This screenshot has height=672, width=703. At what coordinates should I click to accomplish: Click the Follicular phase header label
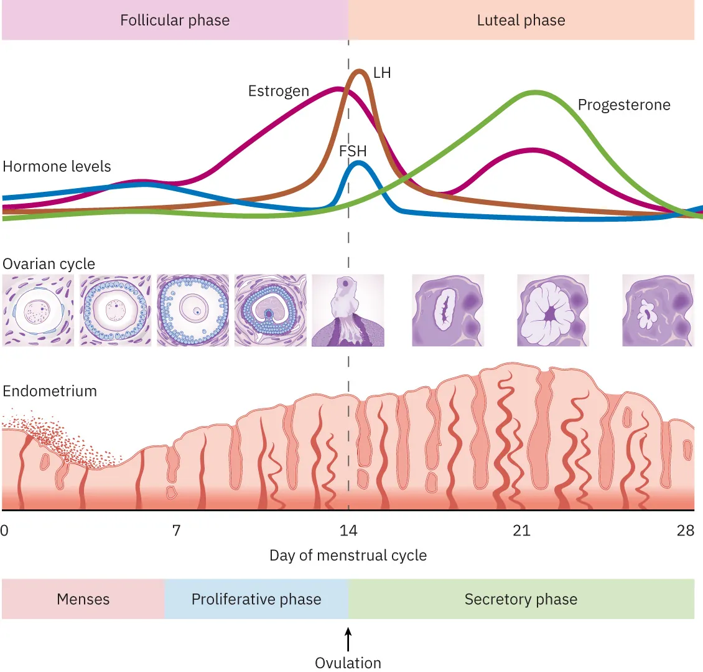tap(175, 21)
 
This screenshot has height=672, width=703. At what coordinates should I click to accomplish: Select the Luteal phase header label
tap(521, 21)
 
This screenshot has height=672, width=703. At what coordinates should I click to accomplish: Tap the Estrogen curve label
tap(278, 91)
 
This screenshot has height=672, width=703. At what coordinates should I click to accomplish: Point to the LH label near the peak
tap(382, 73)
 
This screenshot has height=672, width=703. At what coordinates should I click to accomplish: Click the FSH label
tap(353, 151)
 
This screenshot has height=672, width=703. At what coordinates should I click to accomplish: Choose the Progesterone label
tap(624, 105)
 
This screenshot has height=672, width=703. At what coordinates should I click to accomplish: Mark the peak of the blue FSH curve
tap(358, 163)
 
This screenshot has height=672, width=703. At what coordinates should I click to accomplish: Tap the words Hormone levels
tap(57, 166)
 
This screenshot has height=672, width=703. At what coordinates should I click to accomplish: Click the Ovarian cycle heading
tap(49, 264)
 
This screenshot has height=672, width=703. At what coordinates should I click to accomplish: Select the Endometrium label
tap(50, 391)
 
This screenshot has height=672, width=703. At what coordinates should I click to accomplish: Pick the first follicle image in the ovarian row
tap(38, 310)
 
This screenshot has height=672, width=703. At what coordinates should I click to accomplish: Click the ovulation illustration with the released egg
tap(348, 310)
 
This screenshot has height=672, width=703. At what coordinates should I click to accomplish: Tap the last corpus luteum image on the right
tap(658, 310)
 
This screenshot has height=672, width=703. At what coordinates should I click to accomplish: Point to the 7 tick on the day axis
tap(177, 530)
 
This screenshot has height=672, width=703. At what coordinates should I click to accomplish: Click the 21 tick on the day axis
tap(521, 530)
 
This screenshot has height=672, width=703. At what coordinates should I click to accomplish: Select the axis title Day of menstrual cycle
tap(348, 555)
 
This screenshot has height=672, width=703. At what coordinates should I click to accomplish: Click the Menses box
tap(83, 599)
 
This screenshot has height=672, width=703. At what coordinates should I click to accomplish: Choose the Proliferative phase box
tap(256, 599)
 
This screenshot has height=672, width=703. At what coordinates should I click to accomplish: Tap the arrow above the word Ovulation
tap(348, 640)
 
